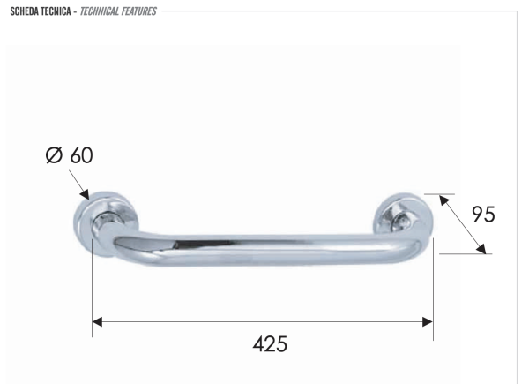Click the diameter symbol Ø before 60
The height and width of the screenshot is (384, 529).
pos(54,156)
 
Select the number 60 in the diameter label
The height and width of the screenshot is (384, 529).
pos(81,156)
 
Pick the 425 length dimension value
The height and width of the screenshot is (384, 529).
pos(270,343)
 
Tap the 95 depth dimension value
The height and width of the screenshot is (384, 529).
pos(483,215)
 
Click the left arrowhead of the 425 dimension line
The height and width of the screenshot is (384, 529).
pos(98,321)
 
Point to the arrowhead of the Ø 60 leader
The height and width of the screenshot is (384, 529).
pos(86,195)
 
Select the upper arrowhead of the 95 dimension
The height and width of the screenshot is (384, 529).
pos(442,199)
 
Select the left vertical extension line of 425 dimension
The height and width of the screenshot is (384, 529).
pos(93,291)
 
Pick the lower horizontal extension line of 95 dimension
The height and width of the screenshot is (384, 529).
pos(464,254)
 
